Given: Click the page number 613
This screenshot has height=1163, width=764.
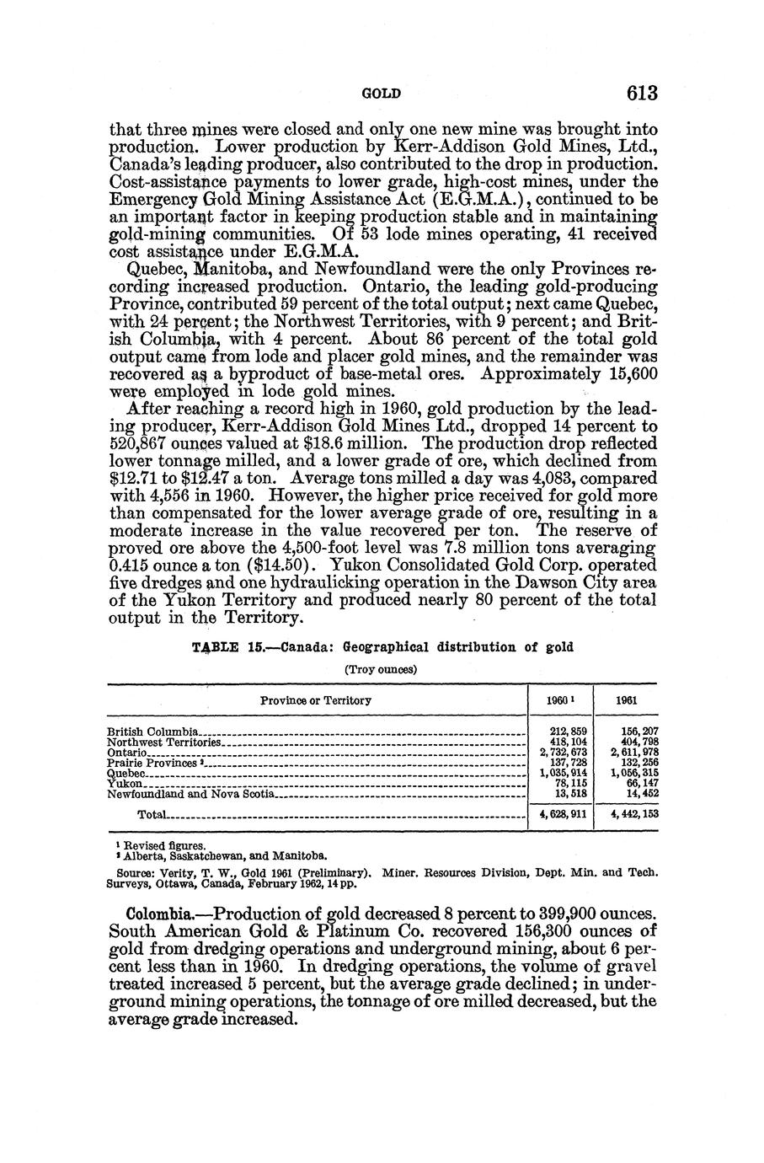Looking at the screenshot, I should (636, 93).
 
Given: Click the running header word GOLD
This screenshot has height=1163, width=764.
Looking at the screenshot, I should (381, 94).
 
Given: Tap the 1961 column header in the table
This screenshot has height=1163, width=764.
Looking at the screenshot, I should (626, 700).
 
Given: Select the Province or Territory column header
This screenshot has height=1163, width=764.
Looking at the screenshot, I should (316, 700).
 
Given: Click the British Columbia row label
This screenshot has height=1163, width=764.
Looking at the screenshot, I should (152, 731).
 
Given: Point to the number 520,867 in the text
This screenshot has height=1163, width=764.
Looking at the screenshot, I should (143, 443).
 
